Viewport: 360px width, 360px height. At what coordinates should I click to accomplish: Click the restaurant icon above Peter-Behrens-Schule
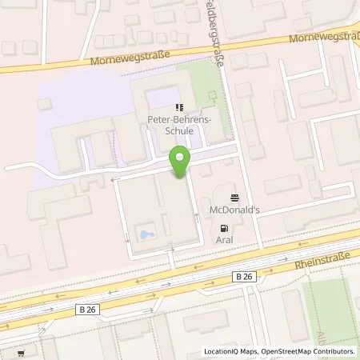(179, 106)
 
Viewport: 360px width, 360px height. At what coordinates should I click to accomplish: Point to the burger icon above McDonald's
(234, 198)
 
